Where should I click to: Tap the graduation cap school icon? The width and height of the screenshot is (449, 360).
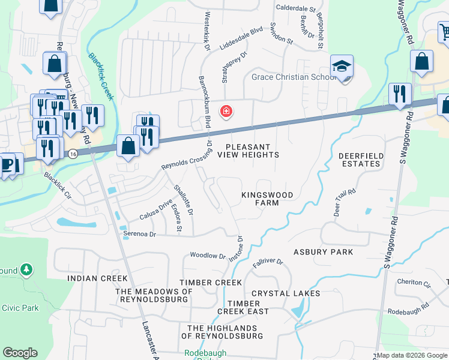coord(342,67)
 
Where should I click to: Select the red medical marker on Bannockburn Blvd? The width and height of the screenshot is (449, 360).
coord(226,111)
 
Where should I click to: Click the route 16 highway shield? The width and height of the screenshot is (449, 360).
coord(71,154)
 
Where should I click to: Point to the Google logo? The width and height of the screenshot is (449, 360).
coord(20,353)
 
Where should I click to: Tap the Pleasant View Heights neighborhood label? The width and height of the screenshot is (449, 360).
coord(248,151)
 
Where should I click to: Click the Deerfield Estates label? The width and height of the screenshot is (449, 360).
coord(361,160)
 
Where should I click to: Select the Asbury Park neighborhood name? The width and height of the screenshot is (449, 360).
coord(323,252)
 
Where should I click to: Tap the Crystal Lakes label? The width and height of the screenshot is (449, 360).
coord(286,293)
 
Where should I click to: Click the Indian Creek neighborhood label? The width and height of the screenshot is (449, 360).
coord(97,278)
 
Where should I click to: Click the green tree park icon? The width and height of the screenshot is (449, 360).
coord(26,270)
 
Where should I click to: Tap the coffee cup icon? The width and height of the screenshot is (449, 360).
coord(5,164)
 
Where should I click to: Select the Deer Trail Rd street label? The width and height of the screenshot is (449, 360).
coord(344,202)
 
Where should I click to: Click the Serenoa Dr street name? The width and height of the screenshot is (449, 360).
coord(139,234)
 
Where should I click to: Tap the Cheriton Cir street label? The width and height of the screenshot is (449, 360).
coord(414,282)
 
